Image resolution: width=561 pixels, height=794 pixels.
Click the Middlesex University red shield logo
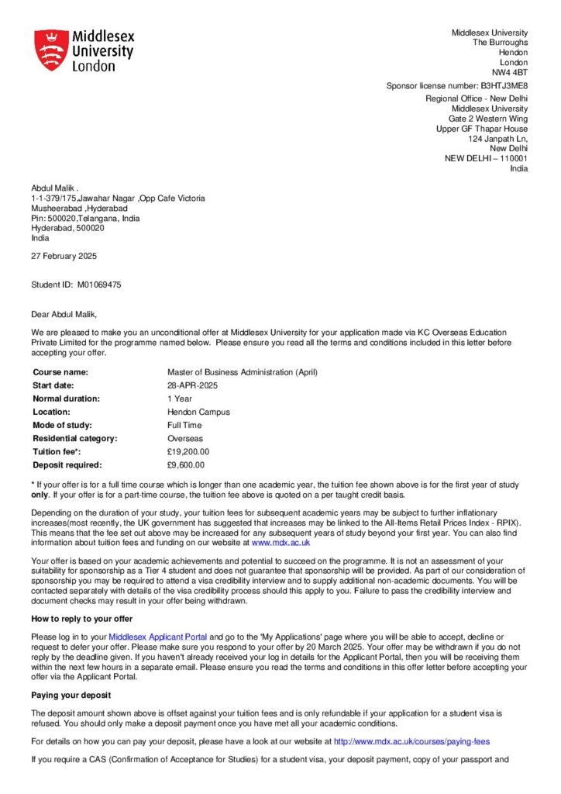51,50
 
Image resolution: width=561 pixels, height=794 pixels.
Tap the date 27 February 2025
64,256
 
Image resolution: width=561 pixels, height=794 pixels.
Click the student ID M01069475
98,285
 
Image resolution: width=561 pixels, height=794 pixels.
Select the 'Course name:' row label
60,372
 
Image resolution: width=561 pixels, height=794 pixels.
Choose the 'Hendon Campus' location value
198,412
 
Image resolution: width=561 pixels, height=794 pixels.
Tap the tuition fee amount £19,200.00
188,451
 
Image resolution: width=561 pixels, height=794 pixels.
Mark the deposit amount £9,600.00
186,464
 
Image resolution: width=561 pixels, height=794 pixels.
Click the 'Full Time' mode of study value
184,425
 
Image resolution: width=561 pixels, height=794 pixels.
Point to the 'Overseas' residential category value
186,438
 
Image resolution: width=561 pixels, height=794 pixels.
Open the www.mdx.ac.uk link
280,543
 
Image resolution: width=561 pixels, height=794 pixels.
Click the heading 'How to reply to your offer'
81,618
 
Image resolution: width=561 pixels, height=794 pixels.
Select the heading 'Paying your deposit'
71,694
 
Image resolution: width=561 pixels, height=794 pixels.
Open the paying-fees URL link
411,741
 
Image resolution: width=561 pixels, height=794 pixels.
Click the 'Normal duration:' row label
67,399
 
